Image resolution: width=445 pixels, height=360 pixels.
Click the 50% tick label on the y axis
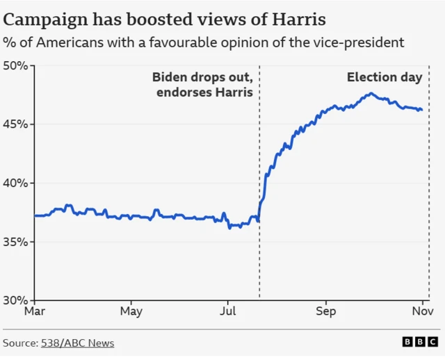[15, 66]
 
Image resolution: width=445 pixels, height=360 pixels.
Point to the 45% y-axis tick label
[15, 124]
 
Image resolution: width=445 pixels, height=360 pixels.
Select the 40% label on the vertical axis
[15, 183]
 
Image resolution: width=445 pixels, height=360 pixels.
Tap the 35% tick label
[15, 242]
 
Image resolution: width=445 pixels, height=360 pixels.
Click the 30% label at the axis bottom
[15, 300]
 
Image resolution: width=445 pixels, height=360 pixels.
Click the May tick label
[131, 311]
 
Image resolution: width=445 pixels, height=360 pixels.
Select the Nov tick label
[421, 311]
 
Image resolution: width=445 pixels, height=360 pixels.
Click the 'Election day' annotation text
[385, 77]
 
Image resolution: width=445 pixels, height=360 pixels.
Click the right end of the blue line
[421, 110]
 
